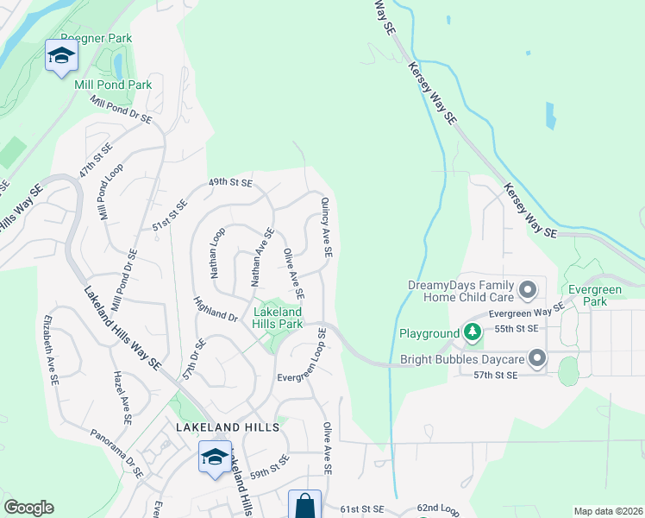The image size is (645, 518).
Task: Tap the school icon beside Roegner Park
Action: point(61,57)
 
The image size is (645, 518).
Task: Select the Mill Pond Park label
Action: point(113,85)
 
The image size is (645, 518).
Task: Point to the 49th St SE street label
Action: point(230,183)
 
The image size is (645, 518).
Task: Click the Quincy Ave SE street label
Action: point(327,227)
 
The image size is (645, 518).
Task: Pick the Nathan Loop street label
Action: point(217,252)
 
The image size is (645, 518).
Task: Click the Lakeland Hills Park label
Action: point(277,317)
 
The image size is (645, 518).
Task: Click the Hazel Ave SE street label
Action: point(123,398)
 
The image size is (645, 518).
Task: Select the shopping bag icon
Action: point(305,505)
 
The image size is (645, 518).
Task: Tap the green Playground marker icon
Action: point(472,332)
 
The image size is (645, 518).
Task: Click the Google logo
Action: point(28,508)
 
